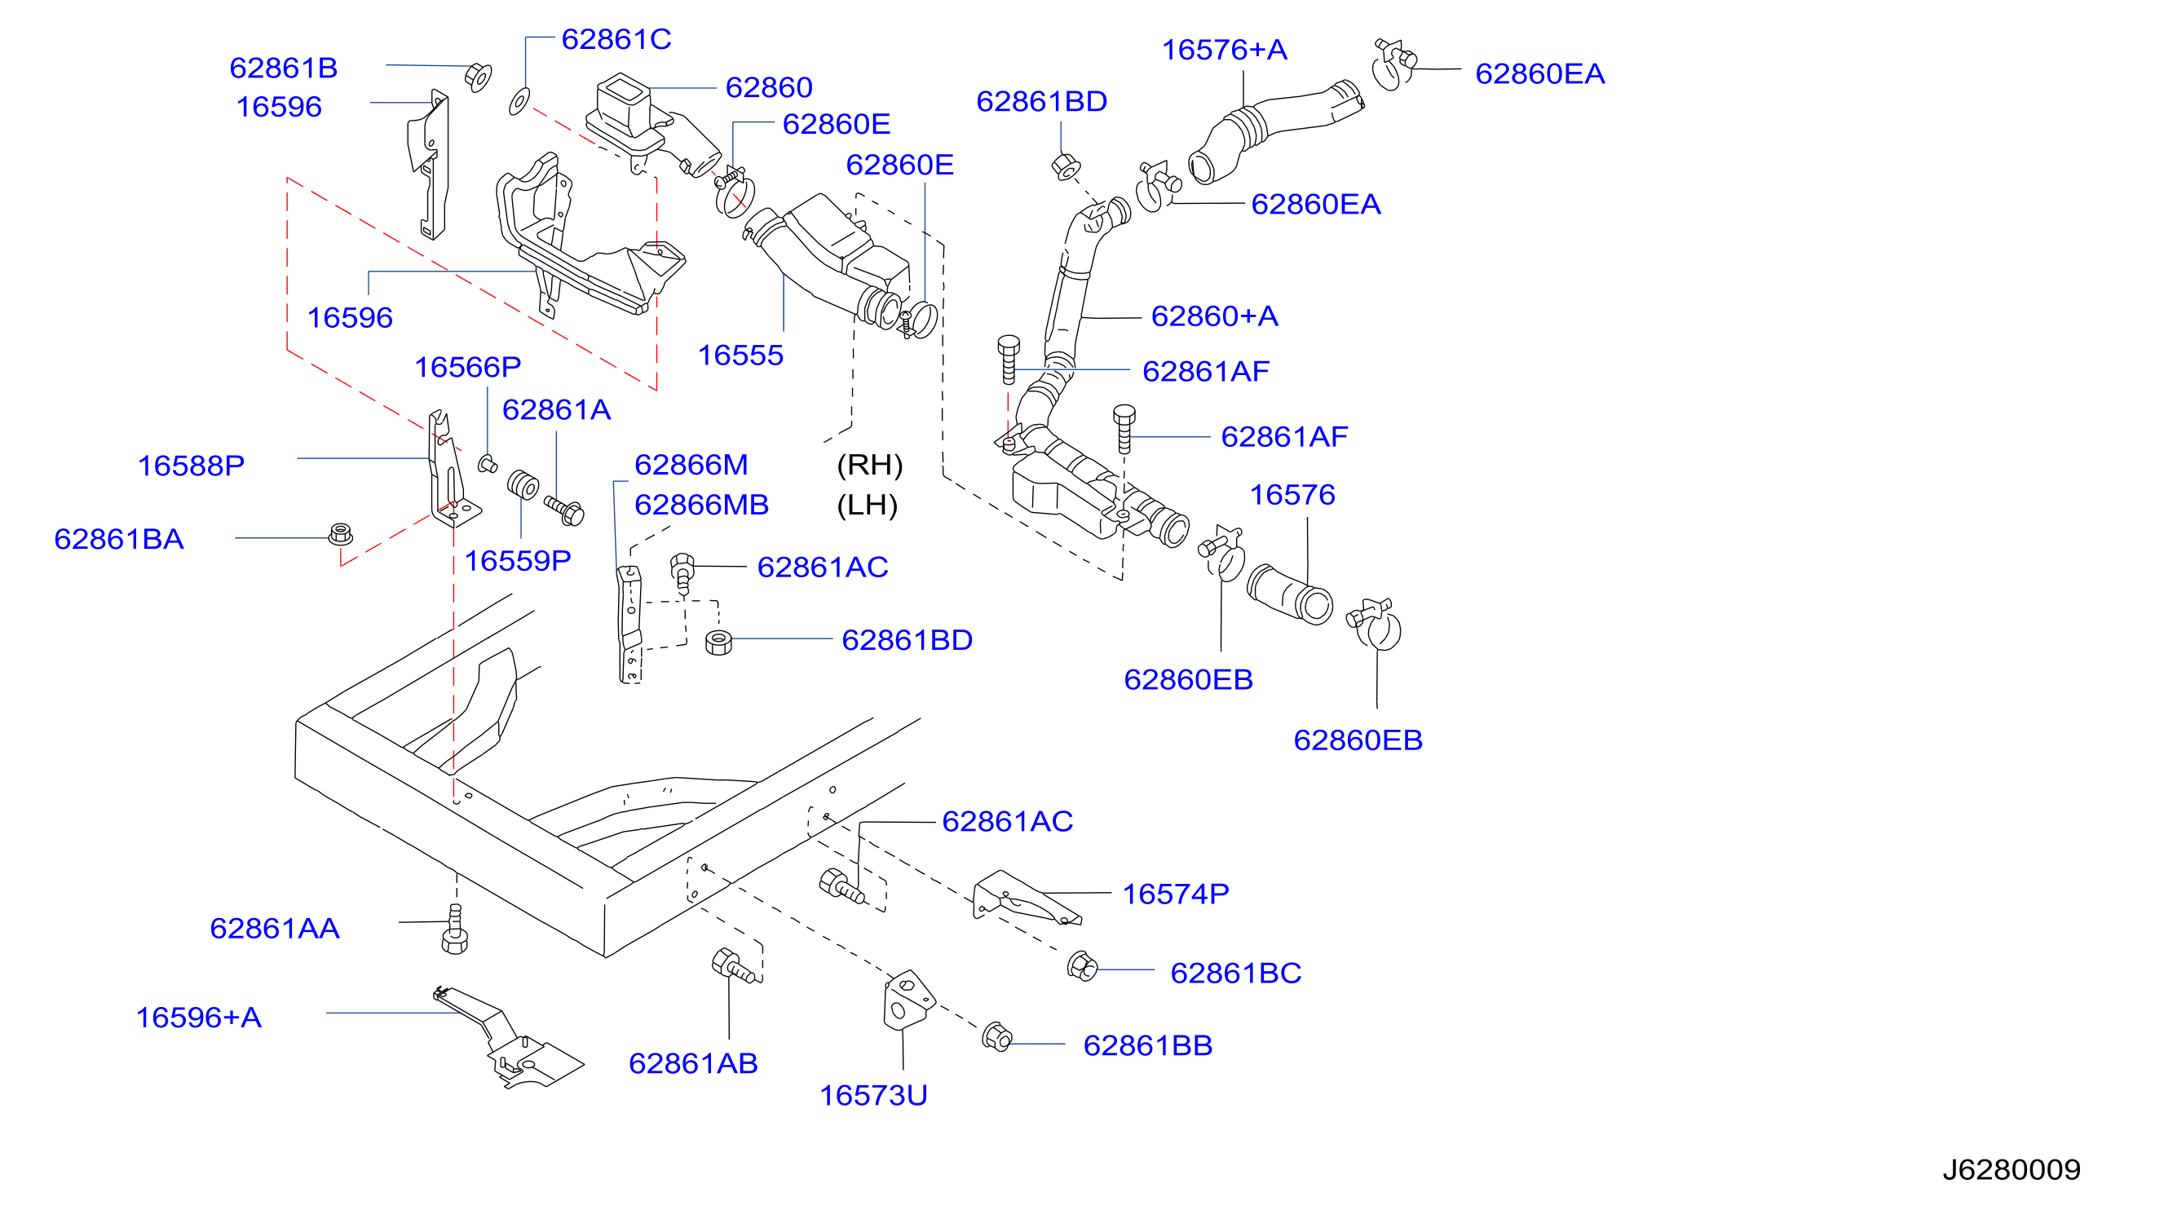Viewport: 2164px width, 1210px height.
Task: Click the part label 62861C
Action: tap(616, 39)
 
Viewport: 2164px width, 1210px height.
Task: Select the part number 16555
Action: tap(740, 355)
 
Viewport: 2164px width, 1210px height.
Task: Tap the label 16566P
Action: tap(468, 367)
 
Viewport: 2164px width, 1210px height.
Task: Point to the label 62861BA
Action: tap(118, 540)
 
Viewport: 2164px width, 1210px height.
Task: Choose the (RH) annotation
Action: tap(869, 465)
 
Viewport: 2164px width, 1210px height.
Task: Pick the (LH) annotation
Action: tap(868, 505)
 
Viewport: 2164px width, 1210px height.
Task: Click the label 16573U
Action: tap(872, 1096)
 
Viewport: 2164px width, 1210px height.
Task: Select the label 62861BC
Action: tap(1236, 973)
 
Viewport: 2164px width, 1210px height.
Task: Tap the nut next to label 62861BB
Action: tap(996, 1036)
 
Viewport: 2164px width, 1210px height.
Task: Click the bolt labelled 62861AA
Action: tap(454, 930)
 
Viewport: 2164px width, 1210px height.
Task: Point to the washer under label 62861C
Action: tap(519, 101)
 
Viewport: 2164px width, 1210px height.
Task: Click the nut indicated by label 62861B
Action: tap(478, 77)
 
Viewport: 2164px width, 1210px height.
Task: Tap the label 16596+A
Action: tap(198, 1018)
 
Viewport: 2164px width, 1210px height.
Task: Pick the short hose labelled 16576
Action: tap(1289, 595)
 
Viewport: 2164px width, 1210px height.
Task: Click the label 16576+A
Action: tap(1224, 51)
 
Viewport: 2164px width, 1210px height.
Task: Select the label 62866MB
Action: tap(701, 505)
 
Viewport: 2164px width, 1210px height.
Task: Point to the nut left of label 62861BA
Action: tap(340, 534)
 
